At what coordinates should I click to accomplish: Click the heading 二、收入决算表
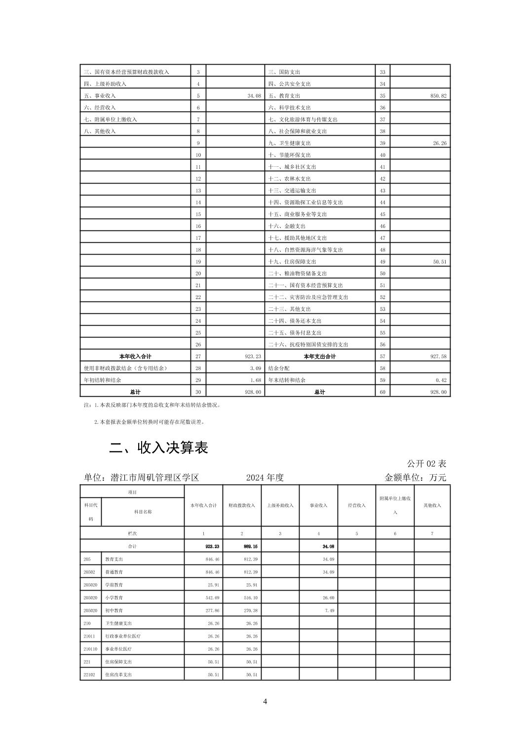pyautogui.click(x=158, y=448)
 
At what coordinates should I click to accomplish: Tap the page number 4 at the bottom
pyautogui.click(x=265, y=702)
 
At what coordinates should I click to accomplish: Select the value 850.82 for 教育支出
pyautogui.click(x=438, y=96)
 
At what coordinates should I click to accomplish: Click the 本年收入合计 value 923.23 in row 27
pyautogui.click(x=252, y=356)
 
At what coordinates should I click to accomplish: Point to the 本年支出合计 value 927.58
pyautogui.click(x=438, y=356)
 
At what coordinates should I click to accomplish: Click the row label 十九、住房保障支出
pyautogui.click(x=292, y=262)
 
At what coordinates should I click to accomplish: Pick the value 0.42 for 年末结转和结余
pyautogui.click(x=441, y=380)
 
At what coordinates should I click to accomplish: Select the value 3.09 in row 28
pyautogui.click(x=254, y=368)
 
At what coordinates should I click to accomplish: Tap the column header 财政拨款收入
pyautogui.click(x=242, y=505)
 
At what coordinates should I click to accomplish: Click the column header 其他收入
pyautogui.click(x=432, y=505)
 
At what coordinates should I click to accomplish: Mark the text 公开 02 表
pyautogui.click(x=426, y=464)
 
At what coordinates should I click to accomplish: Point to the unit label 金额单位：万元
pyautogui.click(x=415, y=478)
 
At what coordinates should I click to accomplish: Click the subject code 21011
pyautogui.click(x=89, y=636)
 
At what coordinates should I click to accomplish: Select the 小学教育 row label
pyautogui.click(x=114, y=598)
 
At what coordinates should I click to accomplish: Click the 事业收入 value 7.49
pyautogui.click(x=328, y=610)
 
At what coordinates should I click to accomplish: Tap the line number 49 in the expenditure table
pyautogui.click(x=382, y=262)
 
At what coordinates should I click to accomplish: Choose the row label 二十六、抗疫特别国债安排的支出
pyautogui.click(x=308, y=344)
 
